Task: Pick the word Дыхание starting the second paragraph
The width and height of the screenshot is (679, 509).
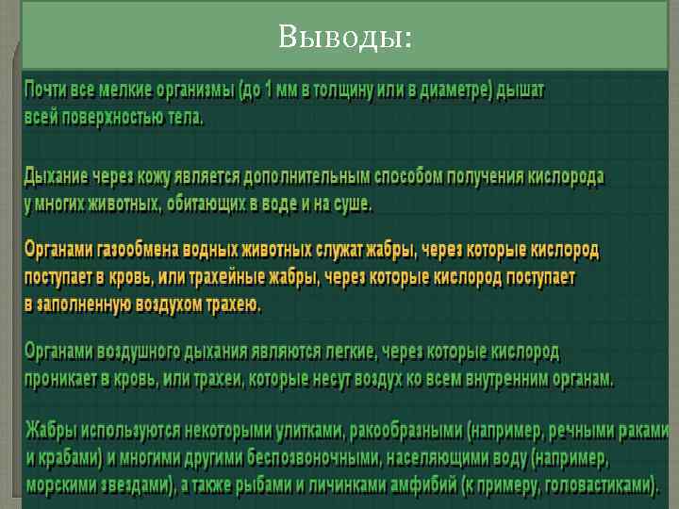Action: tap(58, 176)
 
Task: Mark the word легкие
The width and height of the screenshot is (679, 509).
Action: tap(340, 353)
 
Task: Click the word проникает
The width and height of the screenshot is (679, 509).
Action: tap(67, 379)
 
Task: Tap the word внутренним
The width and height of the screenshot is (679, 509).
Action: tap(494, 379)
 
